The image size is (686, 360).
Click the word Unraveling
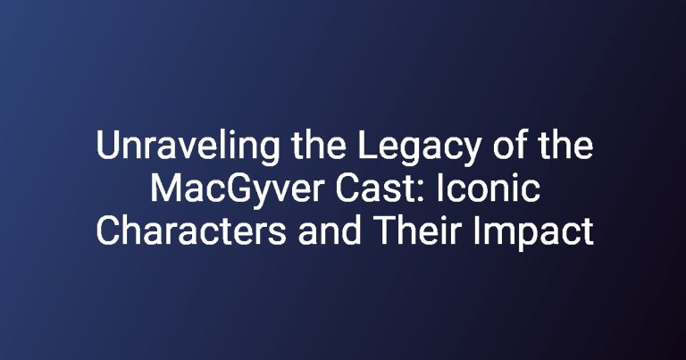coord(188,147)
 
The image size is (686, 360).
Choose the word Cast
coord(380,188)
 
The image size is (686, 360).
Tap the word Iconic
coord(489,188)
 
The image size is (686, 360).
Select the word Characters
coord(191,230)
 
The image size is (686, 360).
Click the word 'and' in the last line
coord(330,230)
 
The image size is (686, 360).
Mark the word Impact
coord(533,233)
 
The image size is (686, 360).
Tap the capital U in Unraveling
coord(107,146)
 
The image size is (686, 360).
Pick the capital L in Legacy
coord(367,145)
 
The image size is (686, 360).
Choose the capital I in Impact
coord(476,231)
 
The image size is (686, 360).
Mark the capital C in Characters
coord(107,231)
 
